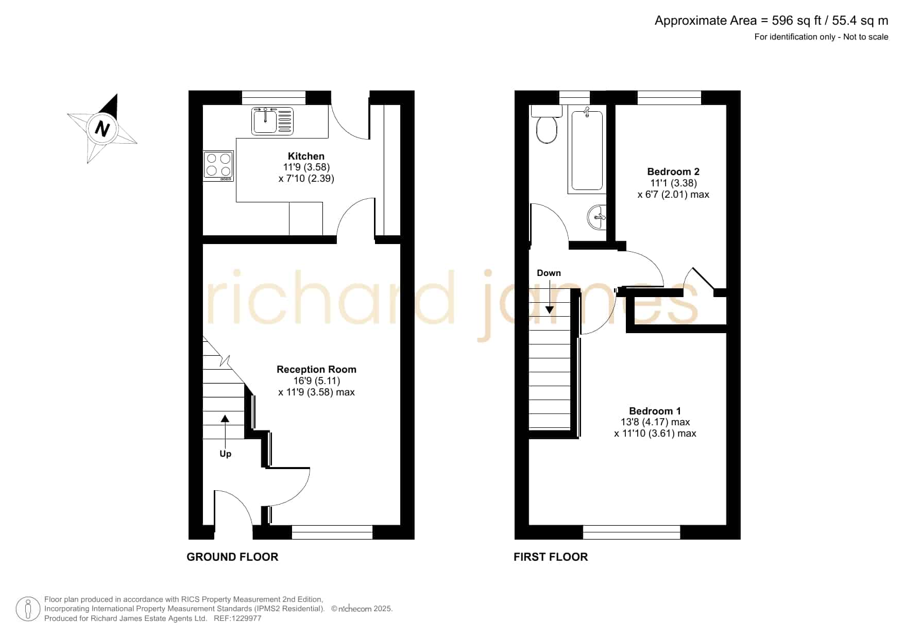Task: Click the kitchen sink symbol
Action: point(272,121)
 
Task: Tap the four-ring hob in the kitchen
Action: point(218,166)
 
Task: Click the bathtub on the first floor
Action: point(587,150)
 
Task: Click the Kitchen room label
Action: point(306,156)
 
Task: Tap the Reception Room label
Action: point(316,369)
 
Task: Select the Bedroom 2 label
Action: point(673,171)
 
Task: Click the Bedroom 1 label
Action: point(655,411)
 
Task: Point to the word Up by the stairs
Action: point(226,454)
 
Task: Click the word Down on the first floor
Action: point(549,273)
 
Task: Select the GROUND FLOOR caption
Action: point(232,557)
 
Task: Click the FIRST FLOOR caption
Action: point(551,557)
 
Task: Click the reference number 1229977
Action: point(245,618)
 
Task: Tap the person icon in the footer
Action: point(28,609)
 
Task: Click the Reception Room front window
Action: point(332,532)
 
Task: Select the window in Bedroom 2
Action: point(669,98)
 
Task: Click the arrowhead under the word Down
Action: point(550,309)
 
